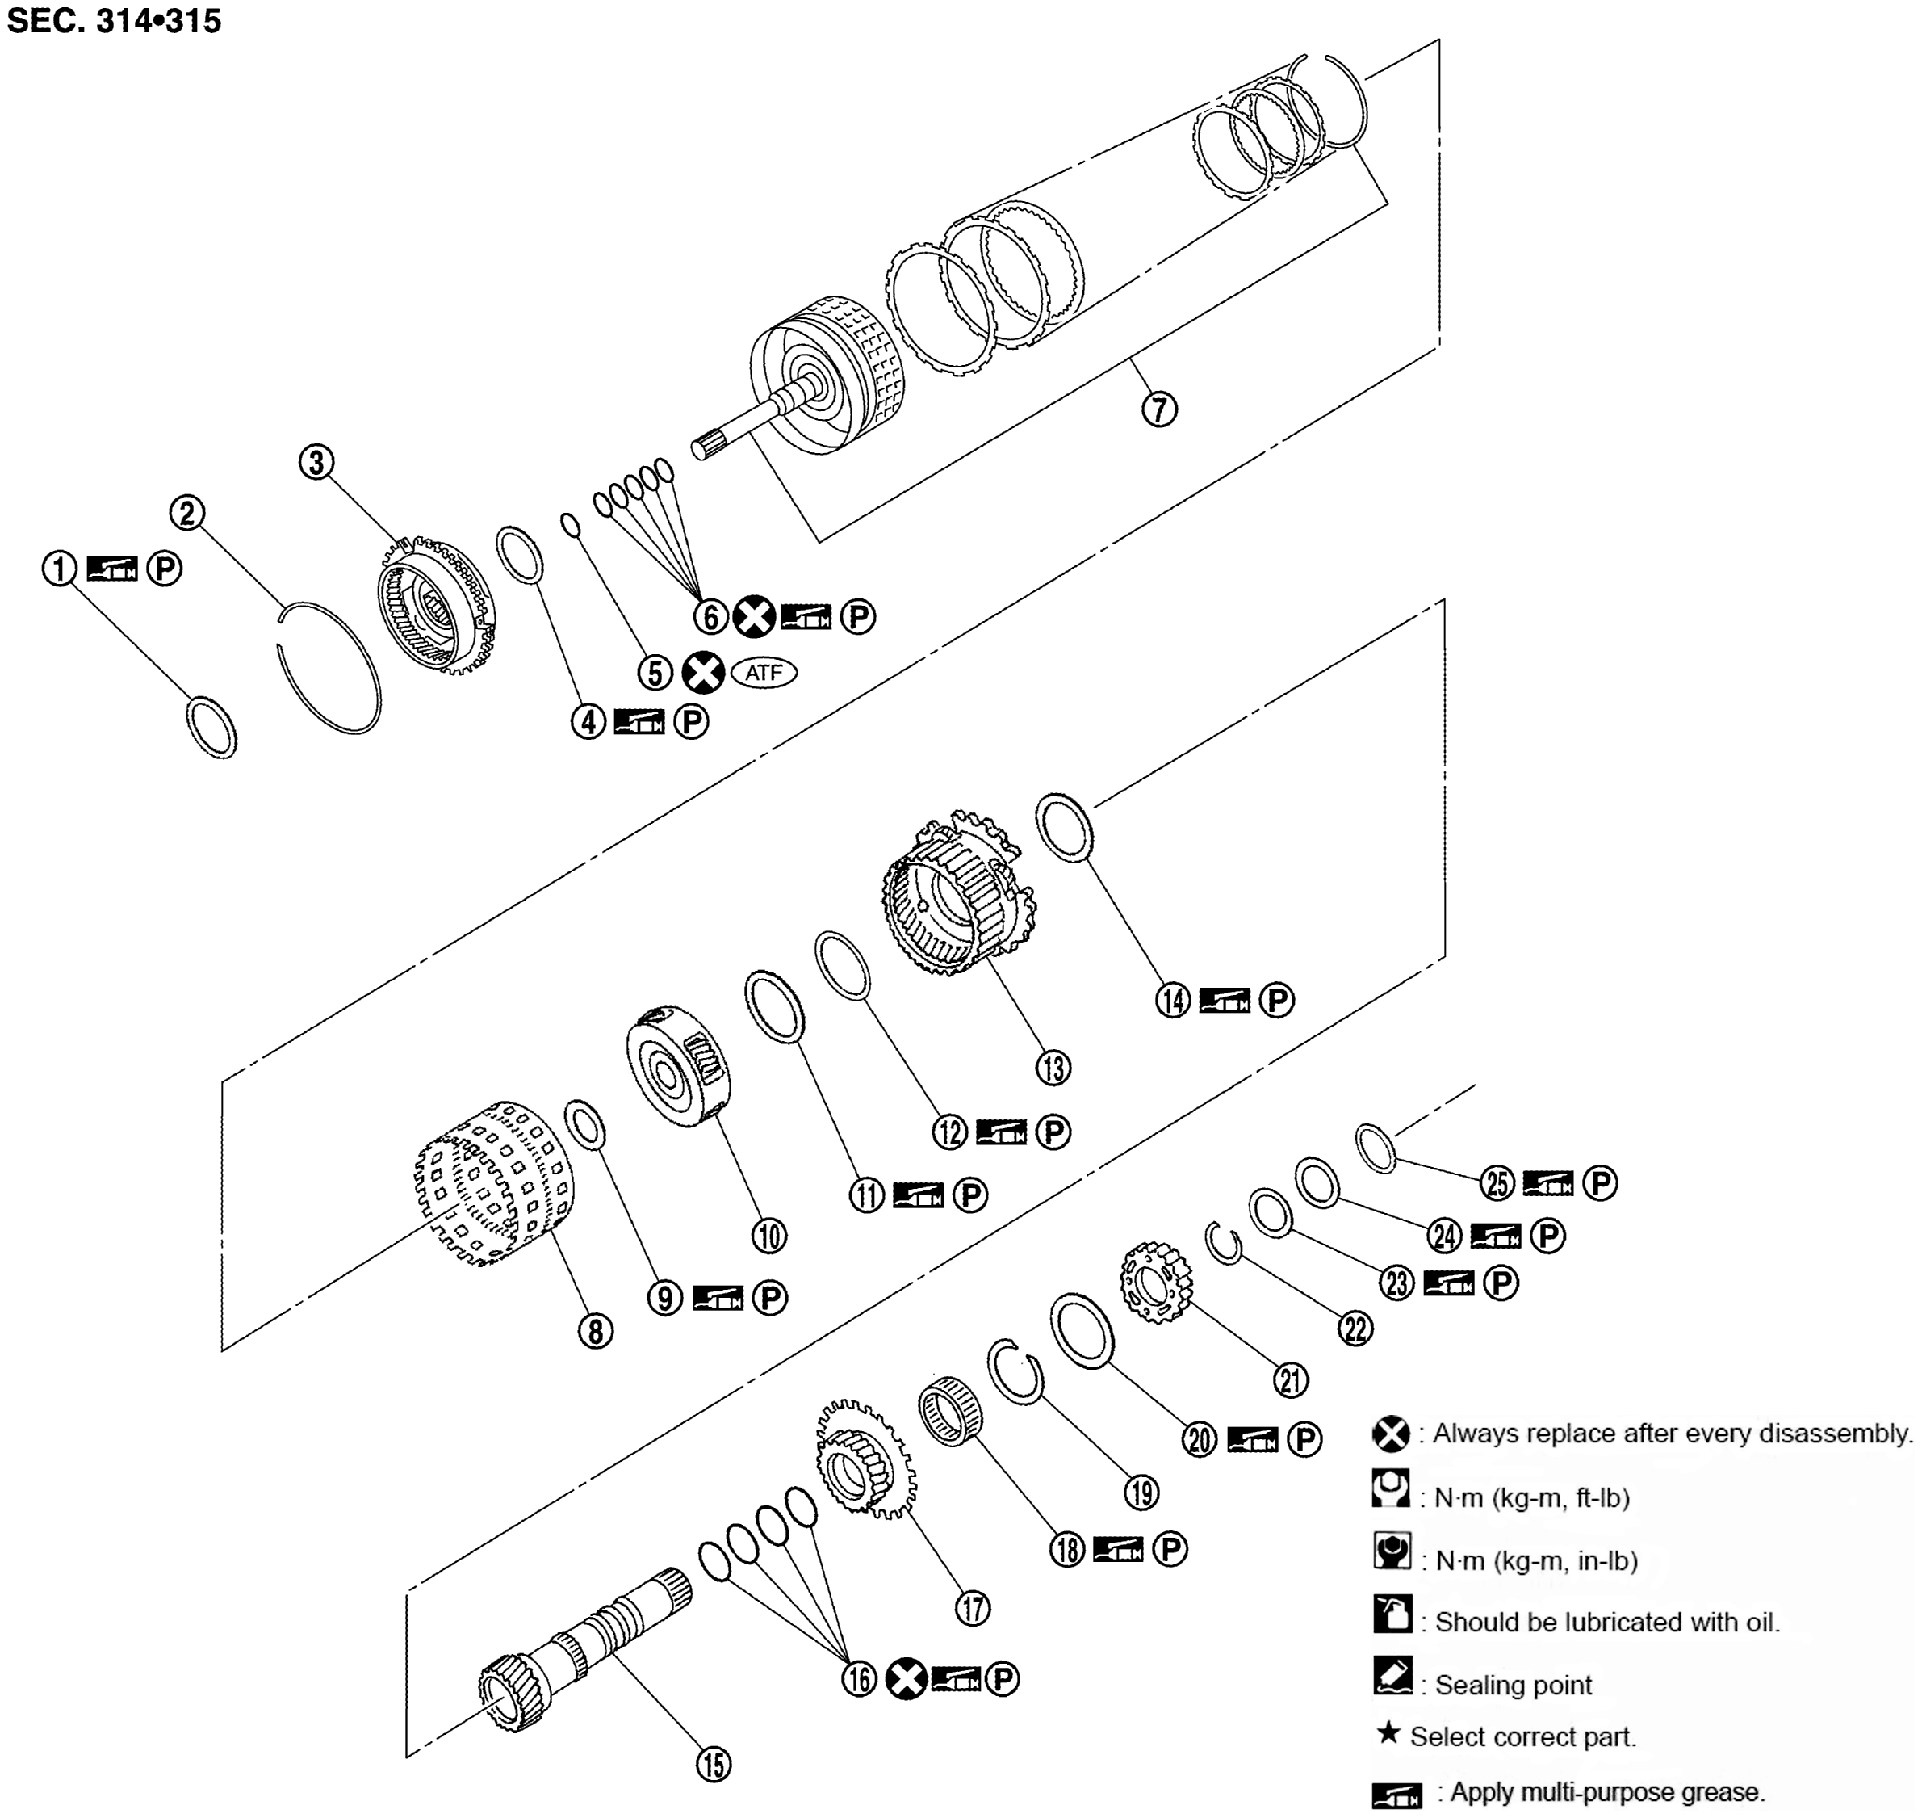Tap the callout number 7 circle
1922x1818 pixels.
[1158, 409]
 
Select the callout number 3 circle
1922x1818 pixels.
[316, 462]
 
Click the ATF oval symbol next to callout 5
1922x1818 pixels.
[764, 673]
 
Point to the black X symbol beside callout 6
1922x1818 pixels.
[752, 616]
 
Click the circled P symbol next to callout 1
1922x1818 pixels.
[164, 568]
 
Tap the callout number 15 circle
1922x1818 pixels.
[714, 1764]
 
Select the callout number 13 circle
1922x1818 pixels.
[1053, 1068]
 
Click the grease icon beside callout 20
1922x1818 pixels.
[1252, 1440]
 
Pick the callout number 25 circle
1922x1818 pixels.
[1497, 1183]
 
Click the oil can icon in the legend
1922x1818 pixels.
[1392, 1615]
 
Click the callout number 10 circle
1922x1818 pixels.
[769, 1236]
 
